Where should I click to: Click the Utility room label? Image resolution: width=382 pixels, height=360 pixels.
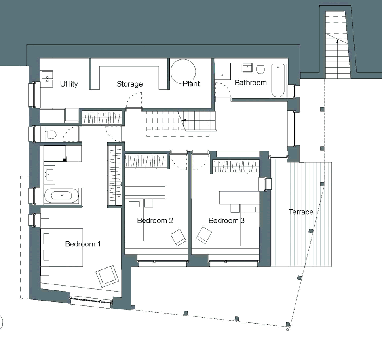coord(69,84)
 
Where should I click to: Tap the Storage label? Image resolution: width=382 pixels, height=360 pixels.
coord(129,84)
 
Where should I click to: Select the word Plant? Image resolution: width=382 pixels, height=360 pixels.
coord(191,84)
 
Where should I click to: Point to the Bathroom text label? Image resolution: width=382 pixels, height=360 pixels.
coord(251,83)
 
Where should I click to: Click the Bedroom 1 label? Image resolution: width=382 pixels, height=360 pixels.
coord(83,244)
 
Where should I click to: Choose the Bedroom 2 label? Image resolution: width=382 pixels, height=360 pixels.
coord(155,220)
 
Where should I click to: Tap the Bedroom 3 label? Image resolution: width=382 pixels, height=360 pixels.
coord(226,220)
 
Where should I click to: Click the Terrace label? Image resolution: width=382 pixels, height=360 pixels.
coord(301,212)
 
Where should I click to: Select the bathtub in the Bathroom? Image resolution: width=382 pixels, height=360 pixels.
coord(277,81)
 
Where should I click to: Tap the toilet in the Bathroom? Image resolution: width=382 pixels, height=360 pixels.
coord(260,68)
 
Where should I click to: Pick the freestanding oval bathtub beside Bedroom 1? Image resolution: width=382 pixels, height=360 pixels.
coord(62,196)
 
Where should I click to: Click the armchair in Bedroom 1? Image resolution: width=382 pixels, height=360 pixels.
coord(107,276)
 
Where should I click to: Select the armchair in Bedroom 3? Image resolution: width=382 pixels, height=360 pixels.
coord(204,235)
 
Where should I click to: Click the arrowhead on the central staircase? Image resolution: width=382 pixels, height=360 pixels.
coord(184,121)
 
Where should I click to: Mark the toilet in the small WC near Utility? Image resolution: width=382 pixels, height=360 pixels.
coord(51,135)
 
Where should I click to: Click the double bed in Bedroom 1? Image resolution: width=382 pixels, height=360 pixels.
coord(62,247)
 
